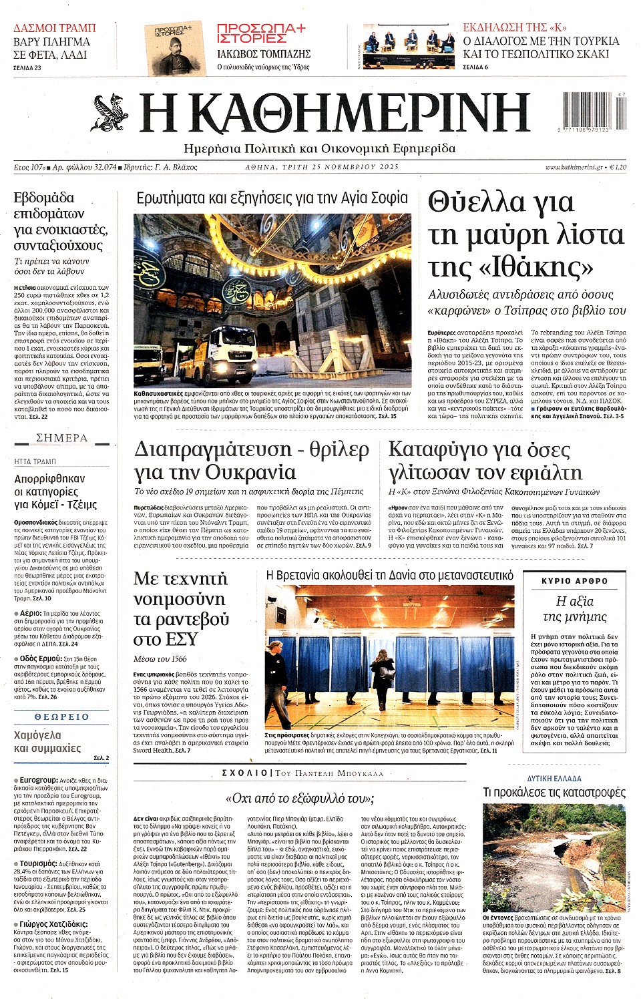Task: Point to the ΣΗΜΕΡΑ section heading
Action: click(61, 438)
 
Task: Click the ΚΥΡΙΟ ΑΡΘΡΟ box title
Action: click(574, 581)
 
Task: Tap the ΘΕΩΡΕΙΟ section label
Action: click(61, 717)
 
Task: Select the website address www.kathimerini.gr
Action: click(574, 167)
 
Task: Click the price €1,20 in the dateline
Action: click(618, 167)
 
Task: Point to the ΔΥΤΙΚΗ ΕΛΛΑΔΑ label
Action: click(554, 778)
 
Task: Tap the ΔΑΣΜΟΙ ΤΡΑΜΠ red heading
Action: click(55, 28)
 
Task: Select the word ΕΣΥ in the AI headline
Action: click(180, 639)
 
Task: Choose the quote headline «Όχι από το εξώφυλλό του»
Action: click(300, 798)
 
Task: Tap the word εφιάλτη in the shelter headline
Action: click(539, 473)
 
